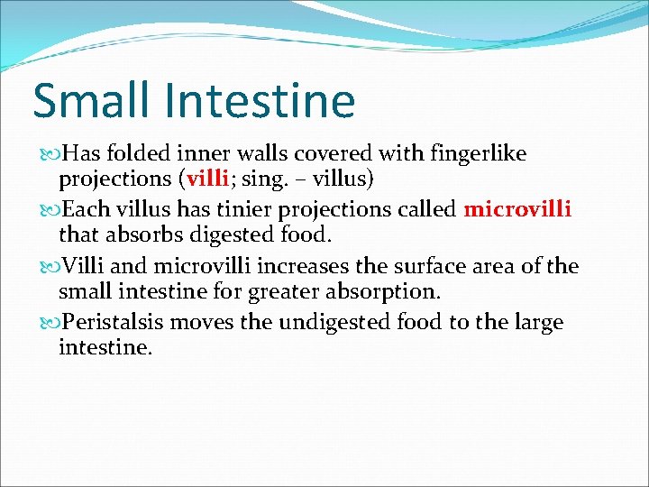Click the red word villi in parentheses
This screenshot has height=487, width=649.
pos(213,179)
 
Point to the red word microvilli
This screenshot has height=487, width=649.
pos(517,210)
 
